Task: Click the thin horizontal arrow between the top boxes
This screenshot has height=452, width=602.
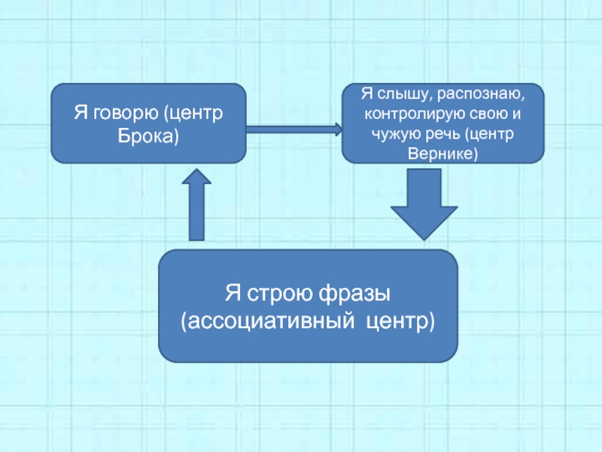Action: pyautogui.click(x=293, y=130)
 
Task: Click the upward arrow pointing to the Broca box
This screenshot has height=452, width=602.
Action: pyautogui.click(x=197, y=203)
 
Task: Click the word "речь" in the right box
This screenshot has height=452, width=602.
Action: pyautogui.click(x=439, y=135)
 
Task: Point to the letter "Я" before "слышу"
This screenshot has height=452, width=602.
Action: pyautogui.click(x=366, y=95)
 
